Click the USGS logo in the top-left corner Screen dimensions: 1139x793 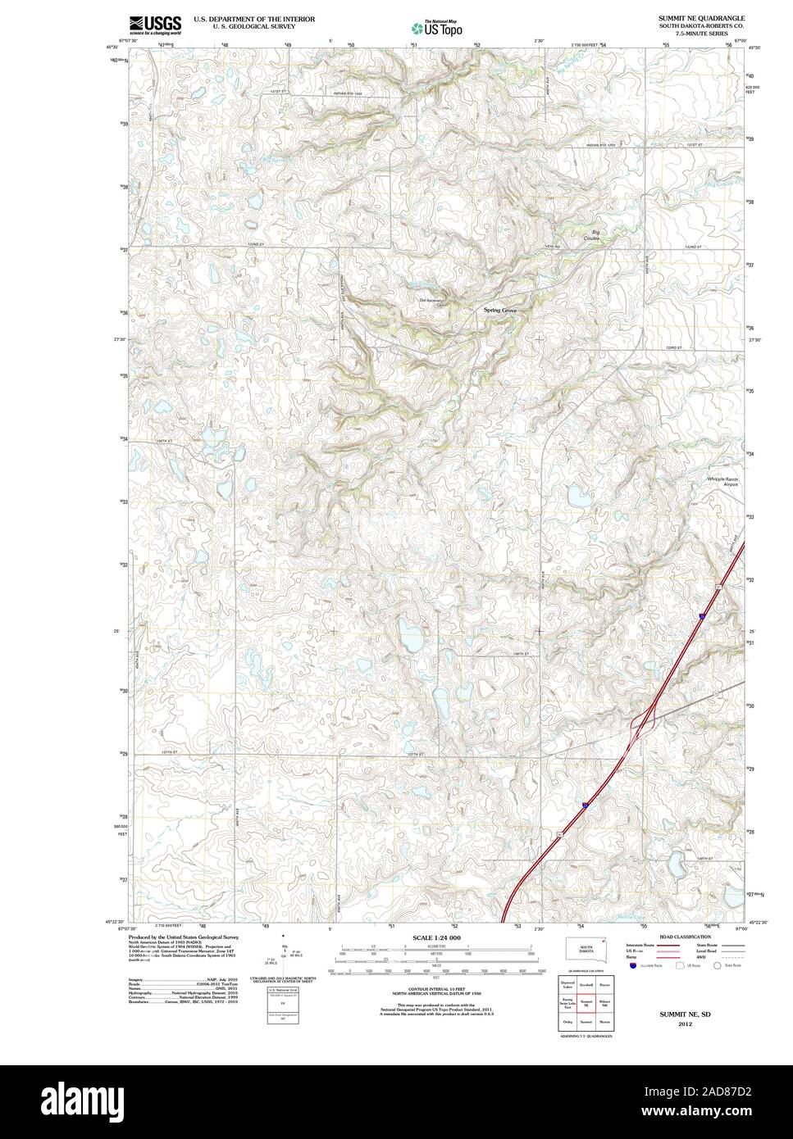pyautogui.click(x=155, y=24)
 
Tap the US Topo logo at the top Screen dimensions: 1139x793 pyautogui.click(x=436, y=26)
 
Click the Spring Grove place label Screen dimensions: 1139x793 pyautogui.click(x=500, y=311)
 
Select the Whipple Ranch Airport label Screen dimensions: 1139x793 pyautogui.click(x=722, y=481)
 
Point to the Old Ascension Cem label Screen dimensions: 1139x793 pyautogui.click(x=431, y=301)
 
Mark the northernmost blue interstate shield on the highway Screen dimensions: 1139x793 pyautogui.click(x=702, y=614)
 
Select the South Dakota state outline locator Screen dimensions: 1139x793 pyautogui.click(x=586, y=947)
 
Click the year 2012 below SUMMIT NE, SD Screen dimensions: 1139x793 pyautogui.click(x=679, y=1023)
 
